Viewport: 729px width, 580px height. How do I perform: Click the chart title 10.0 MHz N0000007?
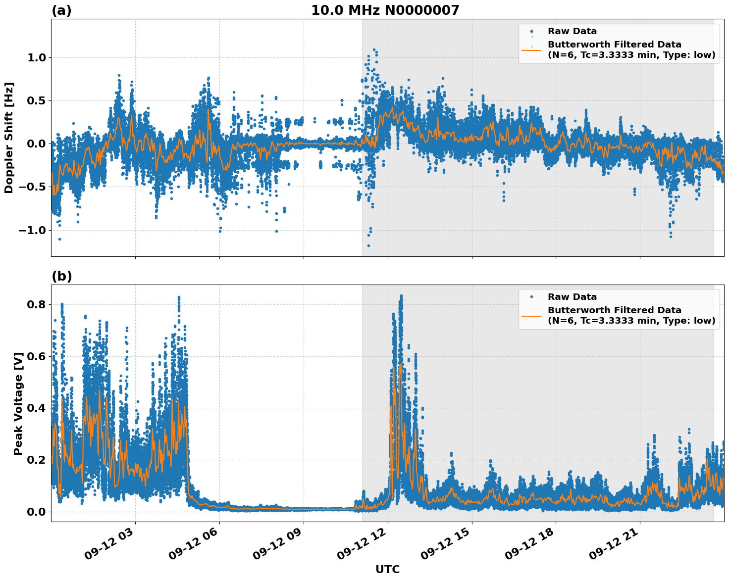(x=385, y=10)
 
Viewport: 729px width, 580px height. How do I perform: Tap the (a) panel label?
(x=61, y=10)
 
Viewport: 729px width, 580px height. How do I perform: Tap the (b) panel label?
(x=61, y=276)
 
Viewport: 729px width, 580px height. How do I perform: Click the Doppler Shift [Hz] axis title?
(x=9, y=138)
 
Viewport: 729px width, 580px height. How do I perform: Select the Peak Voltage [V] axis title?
(x=18, y=403)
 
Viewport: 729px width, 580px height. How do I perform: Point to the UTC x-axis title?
(x=387, y=569)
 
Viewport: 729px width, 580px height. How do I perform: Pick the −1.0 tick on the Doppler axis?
(x=32, y=230)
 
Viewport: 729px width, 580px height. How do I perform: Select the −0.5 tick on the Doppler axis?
(x=32, y=187)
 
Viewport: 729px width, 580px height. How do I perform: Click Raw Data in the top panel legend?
(x=572, y=31)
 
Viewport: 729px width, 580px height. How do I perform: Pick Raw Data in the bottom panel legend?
(x=572, y=297)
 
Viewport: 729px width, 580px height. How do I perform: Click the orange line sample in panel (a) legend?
(x=531, y=49)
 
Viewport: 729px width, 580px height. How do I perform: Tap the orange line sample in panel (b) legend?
(x=531, y=315)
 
